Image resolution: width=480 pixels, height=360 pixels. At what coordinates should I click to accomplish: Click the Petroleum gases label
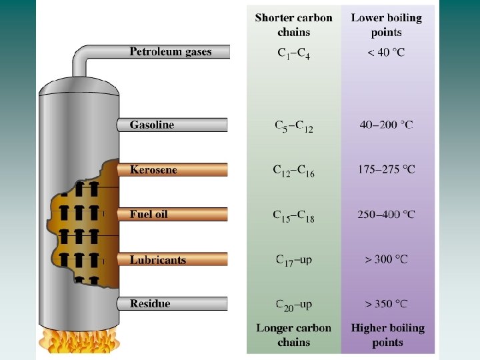point(170,51)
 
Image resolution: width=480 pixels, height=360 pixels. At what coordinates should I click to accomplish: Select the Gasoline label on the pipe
point(152,125)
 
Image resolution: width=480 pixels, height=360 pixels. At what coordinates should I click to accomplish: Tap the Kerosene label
point(153,169)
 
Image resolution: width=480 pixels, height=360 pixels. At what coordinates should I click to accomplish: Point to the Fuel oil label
point(149,214)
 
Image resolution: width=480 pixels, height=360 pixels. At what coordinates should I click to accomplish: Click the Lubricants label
point(158,259)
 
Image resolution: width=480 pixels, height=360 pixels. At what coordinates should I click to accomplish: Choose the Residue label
point(150,303)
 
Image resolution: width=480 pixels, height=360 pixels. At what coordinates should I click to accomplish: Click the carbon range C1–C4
point(293,53)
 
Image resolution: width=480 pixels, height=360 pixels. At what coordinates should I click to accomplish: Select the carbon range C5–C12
point(294,126)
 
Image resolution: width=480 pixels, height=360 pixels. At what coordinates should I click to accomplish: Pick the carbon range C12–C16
point(294,171)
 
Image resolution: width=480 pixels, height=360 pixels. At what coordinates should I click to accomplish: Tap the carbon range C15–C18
point(294,216)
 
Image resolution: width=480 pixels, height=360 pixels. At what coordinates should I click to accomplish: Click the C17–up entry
point(294,260)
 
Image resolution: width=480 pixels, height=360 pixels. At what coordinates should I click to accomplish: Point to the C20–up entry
point(294,305)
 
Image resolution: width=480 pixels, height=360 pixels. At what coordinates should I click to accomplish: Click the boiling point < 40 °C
point(386,52)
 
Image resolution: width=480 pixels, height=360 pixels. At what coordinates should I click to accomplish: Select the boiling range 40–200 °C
point(387,125)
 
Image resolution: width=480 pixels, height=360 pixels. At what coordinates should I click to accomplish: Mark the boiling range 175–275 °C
point(387,169)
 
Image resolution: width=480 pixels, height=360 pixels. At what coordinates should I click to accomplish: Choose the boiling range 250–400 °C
point(387,214)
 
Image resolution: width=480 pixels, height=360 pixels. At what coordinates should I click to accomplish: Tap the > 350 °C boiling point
point(387,303)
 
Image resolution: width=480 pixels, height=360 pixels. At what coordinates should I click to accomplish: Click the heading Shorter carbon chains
point(293,25)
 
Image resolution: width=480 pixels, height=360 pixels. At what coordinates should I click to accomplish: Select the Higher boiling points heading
point(387,335)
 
